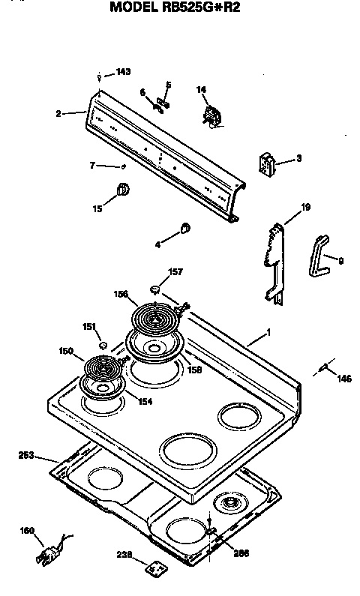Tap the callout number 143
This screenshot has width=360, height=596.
click(123, 72)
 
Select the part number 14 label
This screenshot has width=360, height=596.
click(201, 90)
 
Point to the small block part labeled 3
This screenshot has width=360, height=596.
click(266, 164)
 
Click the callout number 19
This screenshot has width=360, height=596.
click(306, 207)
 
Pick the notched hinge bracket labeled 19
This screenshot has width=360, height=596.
click(276, 259)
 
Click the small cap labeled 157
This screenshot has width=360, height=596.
click(156, 288)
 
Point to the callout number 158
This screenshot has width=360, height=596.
click(194, 370)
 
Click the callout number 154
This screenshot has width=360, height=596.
click(144, 401)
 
